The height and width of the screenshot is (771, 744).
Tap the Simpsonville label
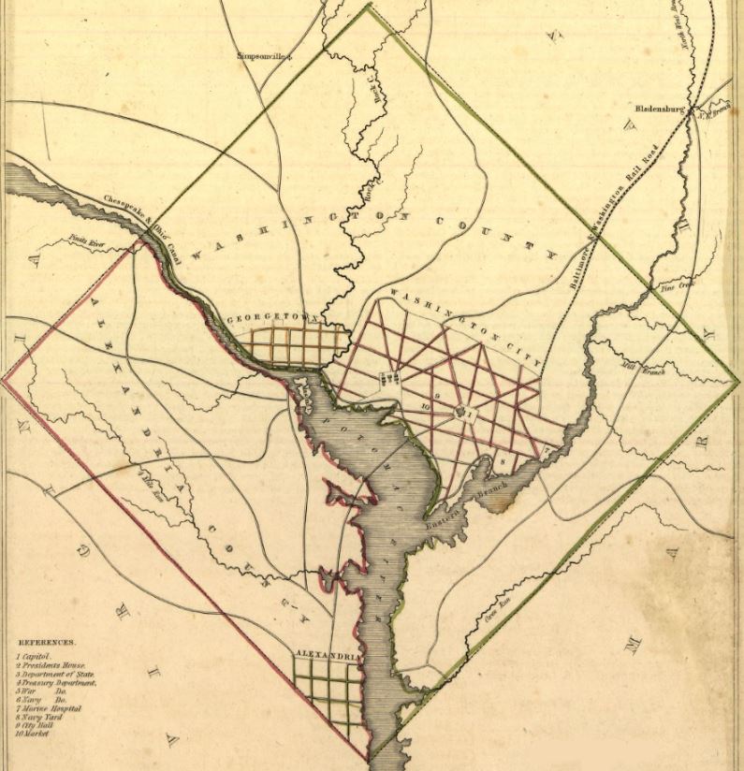click(265, 55)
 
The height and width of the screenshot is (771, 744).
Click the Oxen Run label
click(494, 617)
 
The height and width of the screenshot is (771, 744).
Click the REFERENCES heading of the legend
click(49, 644)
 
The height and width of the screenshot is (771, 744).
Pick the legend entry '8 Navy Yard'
click(47, 717)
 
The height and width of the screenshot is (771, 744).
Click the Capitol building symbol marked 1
click(461, 411)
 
